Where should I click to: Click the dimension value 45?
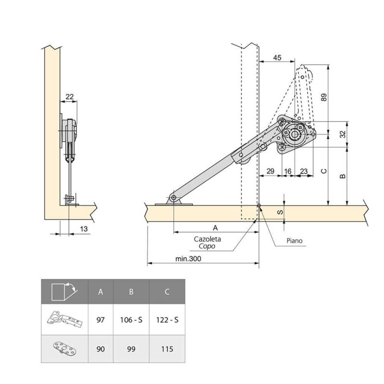click(x=277, y=57)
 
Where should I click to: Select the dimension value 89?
click(x=324, y=97)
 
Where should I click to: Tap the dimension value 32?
click(x=343, y=134)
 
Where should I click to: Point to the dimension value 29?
click(x=270, y=171)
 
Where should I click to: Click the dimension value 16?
click(x=288, y=171)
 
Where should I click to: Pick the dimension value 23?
click(x=304, y=171)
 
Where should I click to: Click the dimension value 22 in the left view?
click(x=69, y=96)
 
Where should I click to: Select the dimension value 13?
click(x=84, y=229)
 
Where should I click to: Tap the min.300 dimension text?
click(x=188, y=258)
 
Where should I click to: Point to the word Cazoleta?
click(x=207, y=239)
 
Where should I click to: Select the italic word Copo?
click(x=207, y=246)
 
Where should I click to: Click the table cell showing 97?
click(x=100, y=320)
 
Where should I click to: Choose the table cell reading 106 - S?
click(x=131, y=320)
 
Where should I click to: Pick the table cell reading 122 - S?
click(x=167, y=320)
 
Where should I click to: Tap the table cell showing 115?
click(x=167, y=349)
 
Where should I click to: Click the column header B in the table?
click(x=131, y=291)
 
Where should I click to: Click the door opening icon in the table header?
click(x=64, y=291)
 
